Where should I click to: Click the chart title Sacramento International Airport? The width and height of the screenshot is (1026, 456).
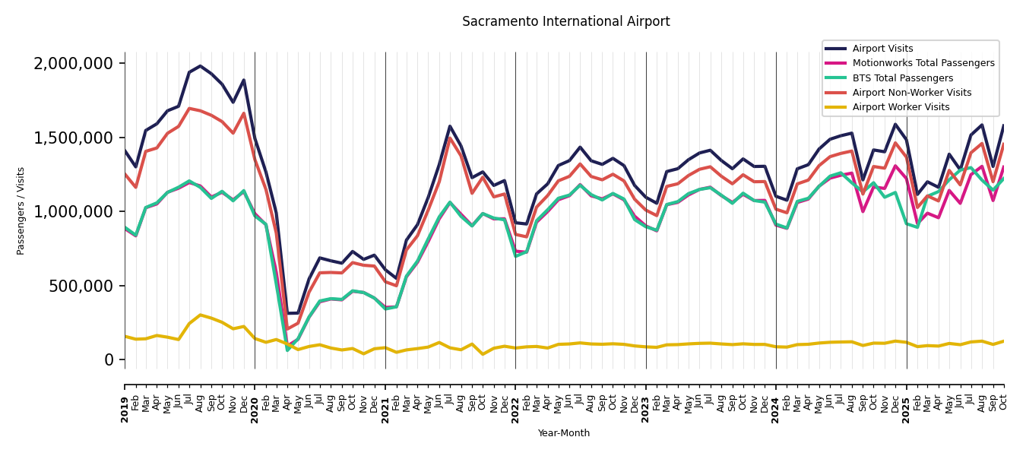(x=565, y=22)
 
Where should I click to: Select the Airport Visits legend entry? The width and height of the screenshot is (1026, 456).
(x=882, y=49)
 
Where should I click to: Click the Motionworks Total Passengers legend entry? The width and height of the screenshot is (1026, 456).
(x=923, y=63)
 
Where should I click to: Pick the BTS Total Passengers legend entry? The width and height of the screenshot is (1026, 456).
(x=902, y=78)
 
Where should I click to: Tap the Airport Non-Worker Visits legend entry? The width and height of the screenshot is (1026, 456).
(x=911, y=93)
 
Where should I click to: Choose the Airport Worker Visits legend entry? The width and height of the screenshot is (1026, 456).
(x=901, y=107)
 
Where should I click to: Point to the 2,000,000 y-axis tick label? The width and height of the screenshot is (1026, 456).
(x=74, y=64)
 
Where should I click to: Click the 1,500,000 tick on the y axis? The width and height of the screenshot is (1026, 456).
(x=74, y=138)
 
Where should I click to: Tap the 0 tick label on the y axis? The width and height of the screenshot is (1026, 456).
(x=109, y=359)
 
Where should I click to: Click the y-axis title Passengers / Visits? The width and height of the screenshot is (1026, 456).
(x=21, y=211)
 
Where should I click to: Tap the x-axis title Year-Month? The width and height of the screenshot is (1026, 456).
(x=563, y=433)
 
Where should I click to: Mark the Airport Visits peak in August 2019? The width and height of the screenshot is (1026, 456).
(x=201, y=66)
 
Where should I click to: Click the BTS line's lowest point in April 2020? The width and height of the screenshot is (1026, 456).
(x=287, y=350)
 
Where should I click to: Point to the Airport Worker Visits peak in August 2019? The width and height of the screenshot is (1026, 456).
(x=201, y=315)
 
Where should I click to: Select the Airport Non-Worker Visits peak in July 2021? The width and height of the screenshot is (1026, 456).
(x=450, y=138)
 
